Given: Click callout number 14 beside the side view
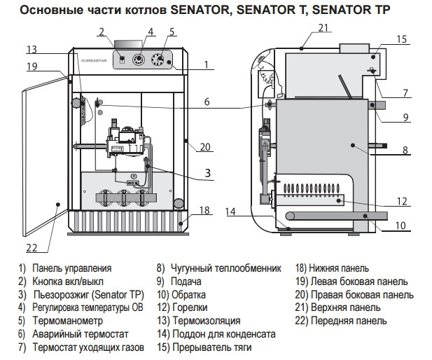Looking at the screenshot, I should tap(232, 211).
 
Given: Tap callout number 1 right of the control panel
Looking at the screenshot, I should tap(207, 65).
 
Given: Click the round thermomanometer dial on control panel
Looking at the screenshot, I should tap(162, 61).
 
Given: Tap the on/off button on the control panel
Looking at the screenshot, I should tap(121, 60).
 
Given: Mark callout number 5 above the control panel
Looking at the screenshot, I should tap(172, 32).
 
